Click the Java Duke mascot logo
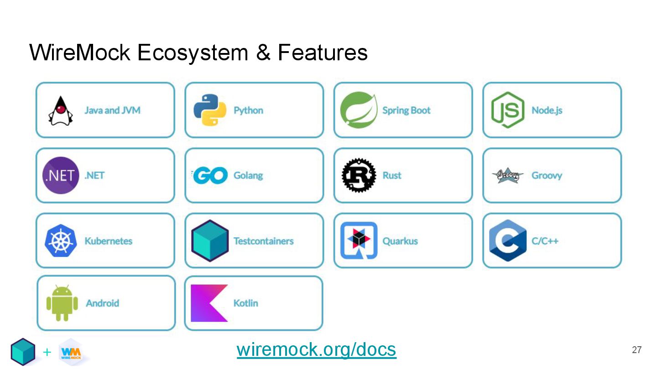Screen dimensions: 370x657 coord(61,111)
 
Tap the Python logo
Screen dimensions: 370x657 coord(209,110)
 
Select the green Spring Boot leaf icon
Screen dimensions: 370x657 coord(359,110)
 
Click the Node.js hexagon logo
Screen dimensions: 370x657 coord(507,110)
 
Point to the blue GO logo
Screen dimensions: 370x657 coord(210,175)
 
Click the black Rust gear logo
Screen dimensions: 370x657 coord(359,175)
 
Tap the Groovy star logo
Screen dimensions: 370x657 coord(507,175)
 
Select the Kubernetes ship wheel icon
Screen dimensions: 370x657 coord(61,241)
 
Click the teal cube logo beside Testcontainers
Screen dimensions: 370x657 coord(210,241)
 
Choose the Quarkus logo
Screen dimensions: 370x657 coord(359,241)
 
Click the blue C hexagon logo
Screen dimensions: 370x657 coord(507,240)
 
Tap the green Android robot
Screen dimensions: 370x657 coord(62,303)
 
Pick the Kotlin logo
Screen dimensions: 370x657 coord(209,303)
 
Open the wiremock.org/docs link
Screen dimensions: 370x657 coord(316,350)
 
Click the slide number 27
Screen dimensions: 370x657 coord(636,350)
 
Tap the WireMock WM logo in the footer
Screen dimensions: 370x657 coord(71,352)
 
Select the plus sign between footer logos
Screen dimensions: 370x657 coord(47,352)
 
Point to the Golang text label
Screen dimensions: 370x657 coord(248,175)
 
